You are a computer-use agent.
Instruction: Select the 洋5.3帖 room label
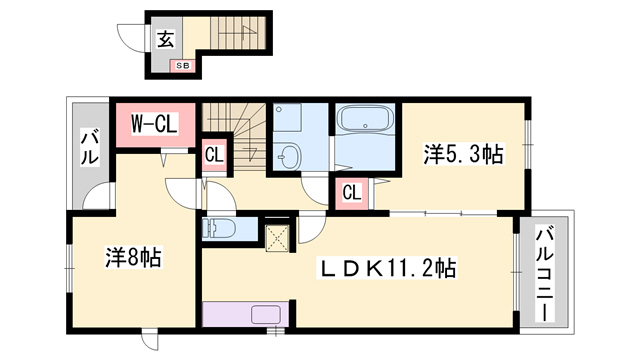pyautogui.click(x=463, y=154)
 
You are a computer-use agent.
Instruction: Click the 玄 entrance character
pyautogui.click(x=163, y=39)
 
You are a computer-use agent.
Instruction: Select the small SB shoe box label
pyautogui.click(x=182, y=66)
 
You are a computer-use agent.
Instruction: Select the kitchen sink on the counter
pyautogui.click(x=268, y=314)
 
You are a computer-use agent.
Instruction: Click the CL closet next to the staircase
pyautogui.click(x=214, y=155)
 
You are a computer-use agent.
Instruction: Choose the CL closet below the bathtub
pyautogui.click(x=352, y=192)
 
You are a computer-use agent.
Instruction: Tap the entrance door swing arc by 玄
pyautogui.click(x=130, y=39)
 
